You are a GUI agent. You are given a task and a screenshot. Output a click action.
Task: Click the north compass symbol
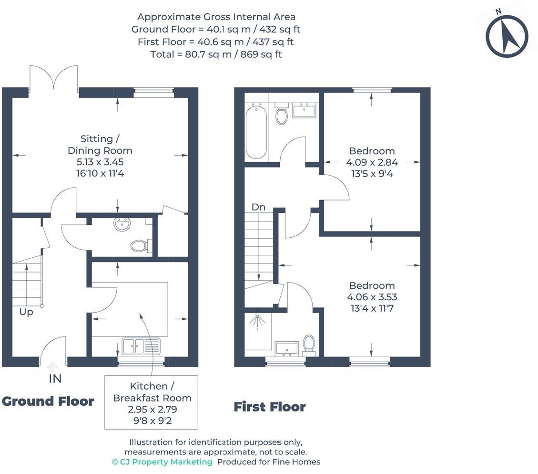507,36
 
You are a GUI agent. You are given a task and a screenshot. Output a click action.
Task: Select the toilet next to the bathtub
282,114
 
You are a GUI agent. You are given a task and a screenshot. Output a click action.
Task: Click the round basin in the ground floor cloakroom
122,224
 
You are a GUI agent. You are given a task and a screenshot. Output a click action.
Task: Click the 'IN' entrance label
55,379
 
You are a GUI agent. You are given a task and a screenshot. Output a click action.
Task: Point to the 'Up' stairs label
26,312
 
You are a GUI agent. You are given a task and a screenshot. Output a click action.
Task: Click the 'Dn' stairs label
258,207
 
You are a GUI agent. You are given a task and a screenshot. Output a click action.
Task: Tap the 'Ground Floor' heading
48,401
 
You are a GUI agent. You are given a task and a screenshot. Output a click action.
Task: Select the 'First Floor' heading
269,407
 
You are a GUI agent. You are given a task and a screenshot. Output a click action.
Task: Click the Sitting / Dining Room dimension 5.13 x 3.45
100,162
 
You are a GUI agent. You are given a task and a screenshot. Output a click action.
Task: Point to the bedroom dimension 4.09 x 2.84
372,162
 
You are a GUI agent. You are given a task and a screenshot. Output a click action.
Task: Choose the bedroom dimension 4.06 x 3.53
372,297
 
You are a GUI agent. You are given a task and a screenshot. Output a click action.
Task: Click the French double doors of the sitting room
54,77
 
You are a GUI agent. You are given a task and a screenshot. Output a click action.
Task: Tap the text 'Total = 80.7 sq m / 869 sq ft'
216,54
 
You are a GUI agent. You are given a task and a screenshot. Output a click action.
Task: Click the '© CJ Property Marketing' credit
162,462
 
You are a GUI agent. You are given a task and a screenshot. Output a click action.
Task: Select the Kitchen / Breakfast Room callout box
151,402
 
